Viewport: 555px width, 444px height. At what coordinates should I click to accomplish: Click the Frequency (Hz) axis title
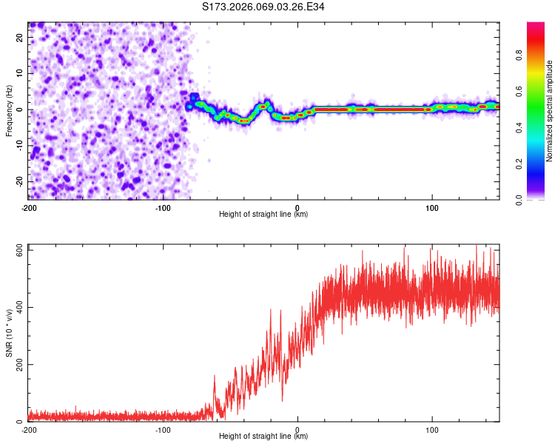pos(10,110)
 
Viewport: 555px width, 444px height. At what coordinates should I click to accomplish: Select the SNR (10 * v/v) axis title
pos(10,334)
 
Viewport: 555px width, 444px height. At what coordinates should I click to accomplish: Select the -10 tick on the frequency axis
pos(19,146)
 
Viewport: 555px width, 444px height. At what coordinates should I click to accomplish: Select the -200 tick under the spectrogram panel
pos(28,206)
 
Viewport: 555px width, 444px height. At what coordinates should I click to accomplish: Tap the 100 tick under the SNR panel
pos(431,429)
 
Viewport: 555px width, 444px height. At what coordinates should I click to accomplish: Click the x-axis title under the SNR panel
pos(263,437)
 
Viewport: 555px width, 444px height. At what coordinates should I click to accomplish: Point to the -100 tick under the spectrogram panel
pos(163,206)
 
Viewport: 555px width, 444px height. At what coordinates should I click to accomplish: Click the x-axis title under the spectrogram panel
pos(263,214)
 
